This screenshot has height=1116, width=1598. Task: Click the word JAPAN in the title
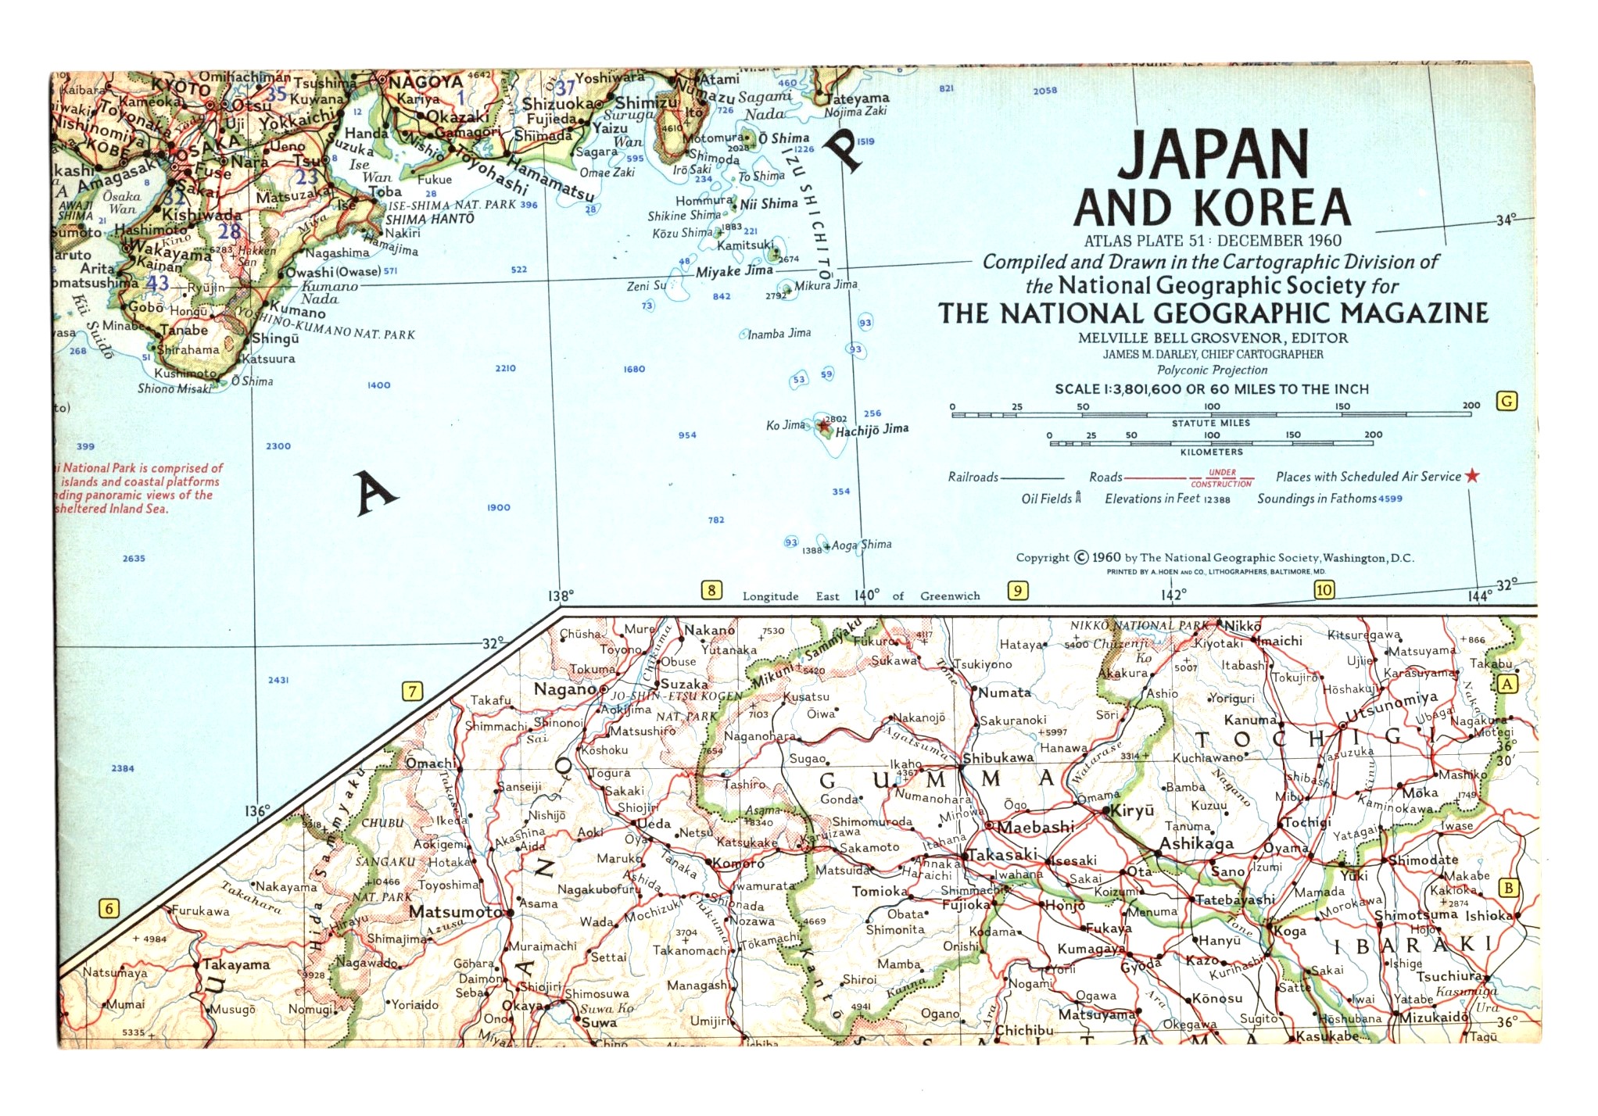pos(1213,154)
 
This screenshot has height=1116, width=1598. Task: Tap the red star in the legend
pos(1472,476)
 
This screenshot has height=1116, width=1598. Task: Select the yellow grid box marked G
pos(1507,402)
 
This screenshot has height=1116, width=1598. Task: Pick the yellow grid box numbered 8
pos(711,590)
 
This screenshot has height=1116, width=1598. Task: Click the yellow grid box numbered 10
pos(1324,590)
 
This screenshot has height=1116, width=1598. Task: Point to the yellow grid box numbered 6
pos(109,908)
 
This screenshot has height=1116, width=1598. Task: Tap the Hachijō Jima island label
pos(872,430)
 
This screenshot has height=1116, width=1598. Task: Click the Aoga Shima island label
pos(861,545)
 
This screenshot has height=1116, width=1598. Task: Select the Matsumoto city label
pos(456,912)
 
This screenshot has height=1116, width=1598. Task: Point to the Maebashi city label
pos(1035,827)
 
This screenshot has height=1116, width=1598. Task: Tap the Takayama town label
pos(236,964)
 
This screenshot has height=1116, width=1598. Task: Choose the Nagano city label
pos(565,689)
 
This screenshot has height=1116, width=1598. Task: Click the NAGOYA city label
pos(426,82)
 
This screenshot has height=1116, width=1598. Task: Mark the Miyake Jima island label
pos(734,271)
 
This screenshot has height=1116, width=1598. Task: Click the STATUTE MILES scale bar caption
pos(1210,423)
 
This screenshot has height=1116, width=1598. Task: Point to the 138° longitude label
pos(561,596)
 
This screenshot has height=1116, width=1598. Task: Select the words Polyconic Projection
pos(1212,370)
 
